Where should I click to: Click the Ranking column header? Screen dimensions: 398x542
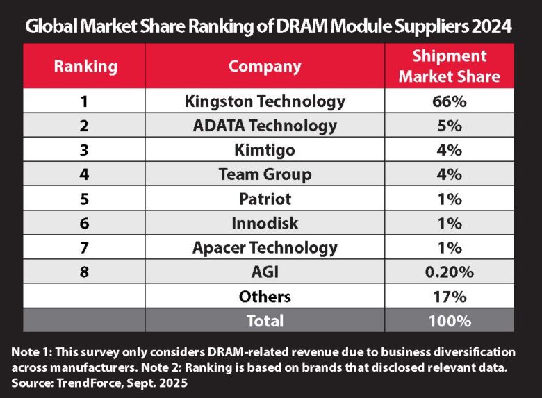pos(85,67)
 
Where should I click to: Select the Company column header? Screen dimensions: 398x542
pos(265,67)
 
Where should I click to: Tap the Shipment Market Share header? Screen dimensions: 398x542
pos(449,67)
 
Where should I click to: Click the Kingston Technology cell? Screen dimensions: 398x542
pos(265,101)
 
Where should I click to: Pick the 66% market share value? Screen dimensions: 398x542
pos(449,101)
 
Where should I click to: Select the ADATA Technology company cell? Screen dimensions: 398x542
pos(265,126)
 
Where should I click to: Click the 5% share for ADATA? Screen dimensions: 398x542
pos(449,126)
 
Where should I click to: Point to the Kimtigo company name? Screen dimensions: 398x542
pos(265,150)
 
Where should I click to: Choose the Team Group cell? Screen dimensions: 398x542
pos(265,175)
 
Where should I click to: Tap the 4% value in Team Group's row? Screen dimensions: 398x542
pos(449,175)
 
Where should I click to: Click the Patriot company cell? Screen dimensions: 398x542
pos(265,199)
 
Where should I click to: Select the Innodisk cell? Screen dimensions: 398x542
pos(265,224)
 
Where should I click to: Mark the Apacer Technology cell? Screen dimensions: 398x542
pos(265,248)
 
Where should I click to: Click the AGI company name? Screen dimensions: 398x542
pos(265,272)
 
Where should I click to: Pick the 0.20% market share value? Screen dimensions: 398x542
pos(449,272)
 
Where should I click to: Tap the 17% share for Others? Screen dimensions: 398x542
pos(449,297)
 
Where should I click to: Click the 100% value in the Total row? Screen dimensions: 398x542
pos(449,321)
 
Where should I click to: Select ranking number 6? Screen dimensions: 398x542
pos(85,224)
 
